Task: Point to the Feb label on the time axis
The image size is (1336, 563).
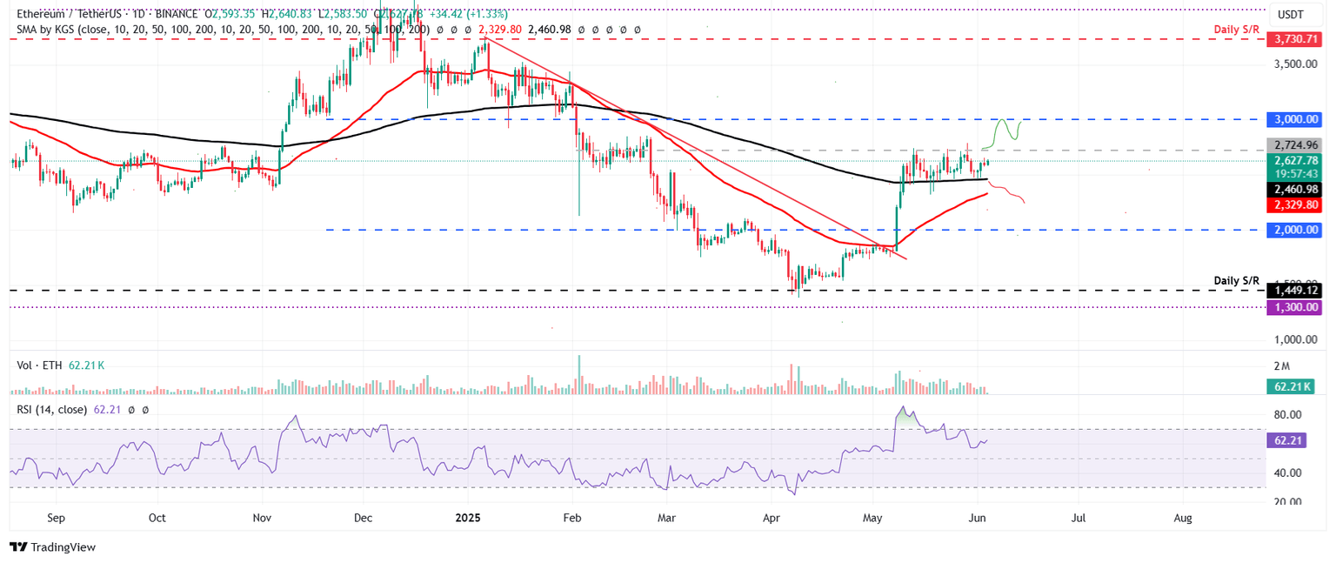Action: click(x=571, y=518)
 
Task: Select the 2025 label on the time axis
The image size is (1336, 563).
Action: click(x=468, y=518)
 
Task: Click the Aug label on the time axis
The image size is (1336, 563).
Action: click(x=1182, y=518)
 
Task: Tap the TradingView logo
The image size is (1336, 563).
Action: click(x=52, y=547)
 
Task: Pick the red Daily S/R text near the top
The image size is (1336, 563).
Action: click(x=1236, y=30)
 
